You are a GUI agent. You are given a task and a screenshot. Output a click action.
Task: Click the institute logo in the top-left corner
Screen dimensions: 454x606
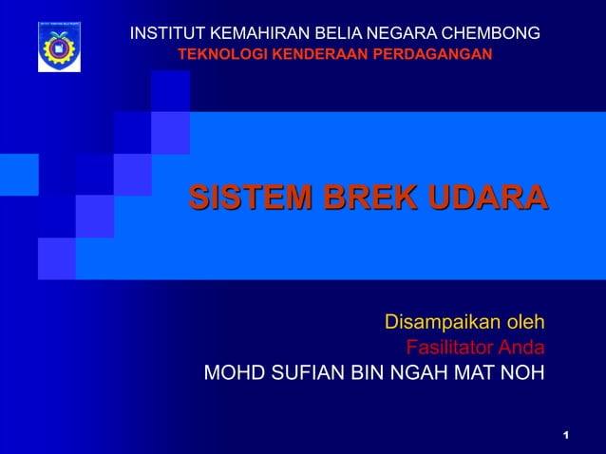tap(59, 46)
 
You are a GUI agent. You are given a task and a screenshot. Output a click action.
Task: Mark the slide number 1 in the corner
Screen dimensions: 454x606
tap(565, 435)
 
